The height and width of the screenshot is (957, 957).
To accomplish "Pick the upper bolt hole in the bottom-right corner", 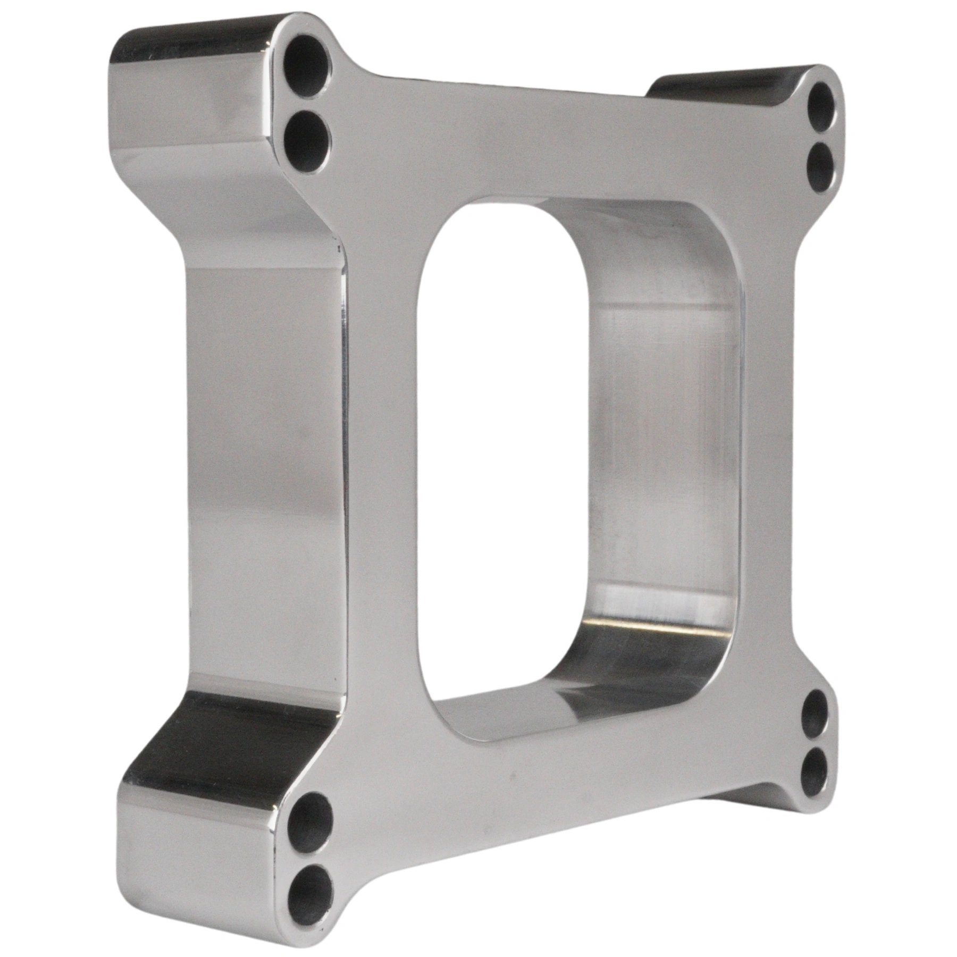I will [x=815, y=716].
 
